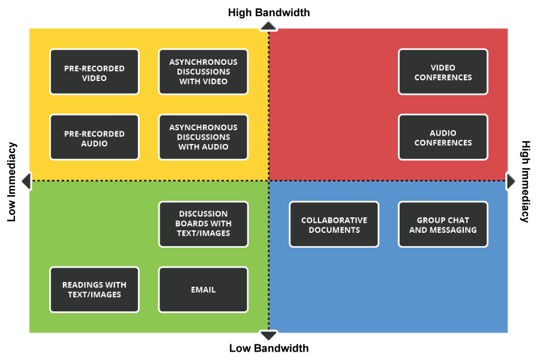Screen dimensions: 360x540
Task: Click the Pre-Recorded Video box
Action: click(x=94, y=72)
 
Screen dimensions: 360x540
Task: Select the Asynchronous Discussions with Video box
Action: click(x=203, y=72)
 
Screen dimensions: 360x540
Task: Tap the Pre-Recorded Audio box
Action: click(x=94, y=137)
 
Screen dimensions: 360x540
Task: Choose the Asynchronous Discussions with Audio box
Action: click(x=203, y=137)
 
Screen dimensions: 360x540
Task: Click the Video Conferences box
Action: click(x=443, y=72)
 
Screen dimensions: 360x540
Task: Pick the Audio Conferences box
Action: click(x=443, y=137)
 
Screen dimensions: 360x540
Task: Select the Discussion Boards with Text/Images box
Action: click(x=203, y=224)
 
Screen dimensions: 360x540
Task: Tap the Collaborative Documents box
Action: click(x=334, y=224)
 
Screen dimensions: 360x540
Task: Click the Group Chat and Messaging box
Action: click(x=443, y=224)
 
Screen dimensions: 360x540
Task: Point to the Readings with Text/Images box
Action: click(x=94, y=289)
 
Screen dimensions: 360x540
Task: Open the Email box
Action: click(x=203, y=289)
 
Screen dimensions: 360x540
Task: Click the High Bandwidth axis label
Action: click(x=269, y=12)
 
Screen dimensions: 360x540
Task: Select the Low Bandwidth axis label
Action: click(x=269, y=348)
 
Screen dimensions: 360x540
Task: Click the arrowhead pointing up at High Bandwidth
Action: click(x=268, y=26)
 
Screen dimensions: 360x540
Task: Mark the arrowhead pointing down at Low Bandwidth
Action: click(x=268, y=335)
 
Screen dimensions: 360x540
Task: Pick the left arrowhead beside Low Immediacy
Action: click(x=26, y=181)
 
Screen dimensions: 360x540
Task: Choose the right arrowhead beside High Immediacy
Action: click(x=511, y=181)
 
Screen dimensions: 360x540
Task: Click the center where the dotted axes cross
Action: click(x=268, y=181)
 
